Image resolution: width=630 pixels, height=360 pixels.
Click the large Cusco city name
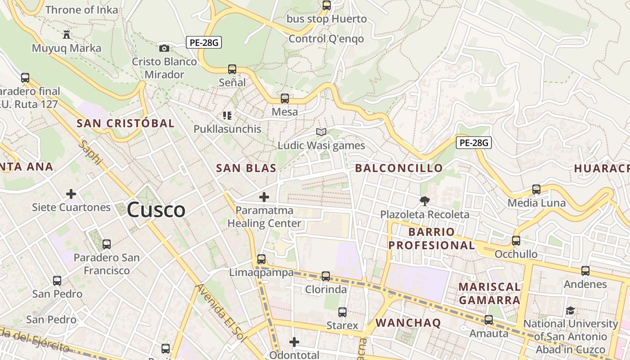156,210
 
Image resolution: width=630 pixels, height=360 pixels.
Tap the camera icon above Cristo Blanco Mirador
164,48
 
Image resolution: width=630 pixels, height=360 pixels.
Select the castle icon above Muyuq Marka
67,35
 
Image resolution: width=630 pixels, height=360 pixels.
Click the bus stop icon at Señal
232,69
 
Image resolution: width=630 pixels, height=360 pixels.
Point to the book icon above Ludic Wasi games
321,132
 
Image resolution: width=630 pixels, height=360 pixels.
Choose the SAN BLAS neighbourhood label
246,168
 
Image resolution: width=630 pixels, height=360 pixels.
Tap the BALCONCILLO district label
399,168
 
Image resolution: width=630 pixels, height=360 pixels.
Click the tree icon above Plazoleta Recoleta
424,201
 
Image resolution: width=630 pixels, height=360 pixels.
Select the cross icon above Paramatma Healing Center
264,197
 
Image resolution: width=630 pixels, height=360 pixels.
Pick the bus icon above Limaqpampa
261,259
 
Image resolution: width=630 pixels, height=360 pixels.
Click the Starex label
342,325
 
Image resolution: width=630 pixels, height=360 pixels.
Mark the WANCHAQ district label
408,323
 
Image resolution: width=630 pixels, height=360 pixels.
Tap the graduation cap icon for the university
570,310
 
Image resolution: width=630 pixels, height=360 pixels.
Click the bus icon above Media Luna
536,189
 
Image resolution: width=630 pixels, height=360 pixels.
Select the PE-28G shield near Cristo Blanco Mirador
204,43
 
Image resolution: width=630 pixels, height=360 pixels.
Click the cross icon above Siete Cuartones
71,194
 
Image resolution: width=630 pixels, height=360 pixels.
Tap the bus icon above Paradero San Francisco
107,244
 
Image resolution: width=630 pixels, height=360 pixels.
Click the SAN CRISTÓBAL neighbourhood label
125,123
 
